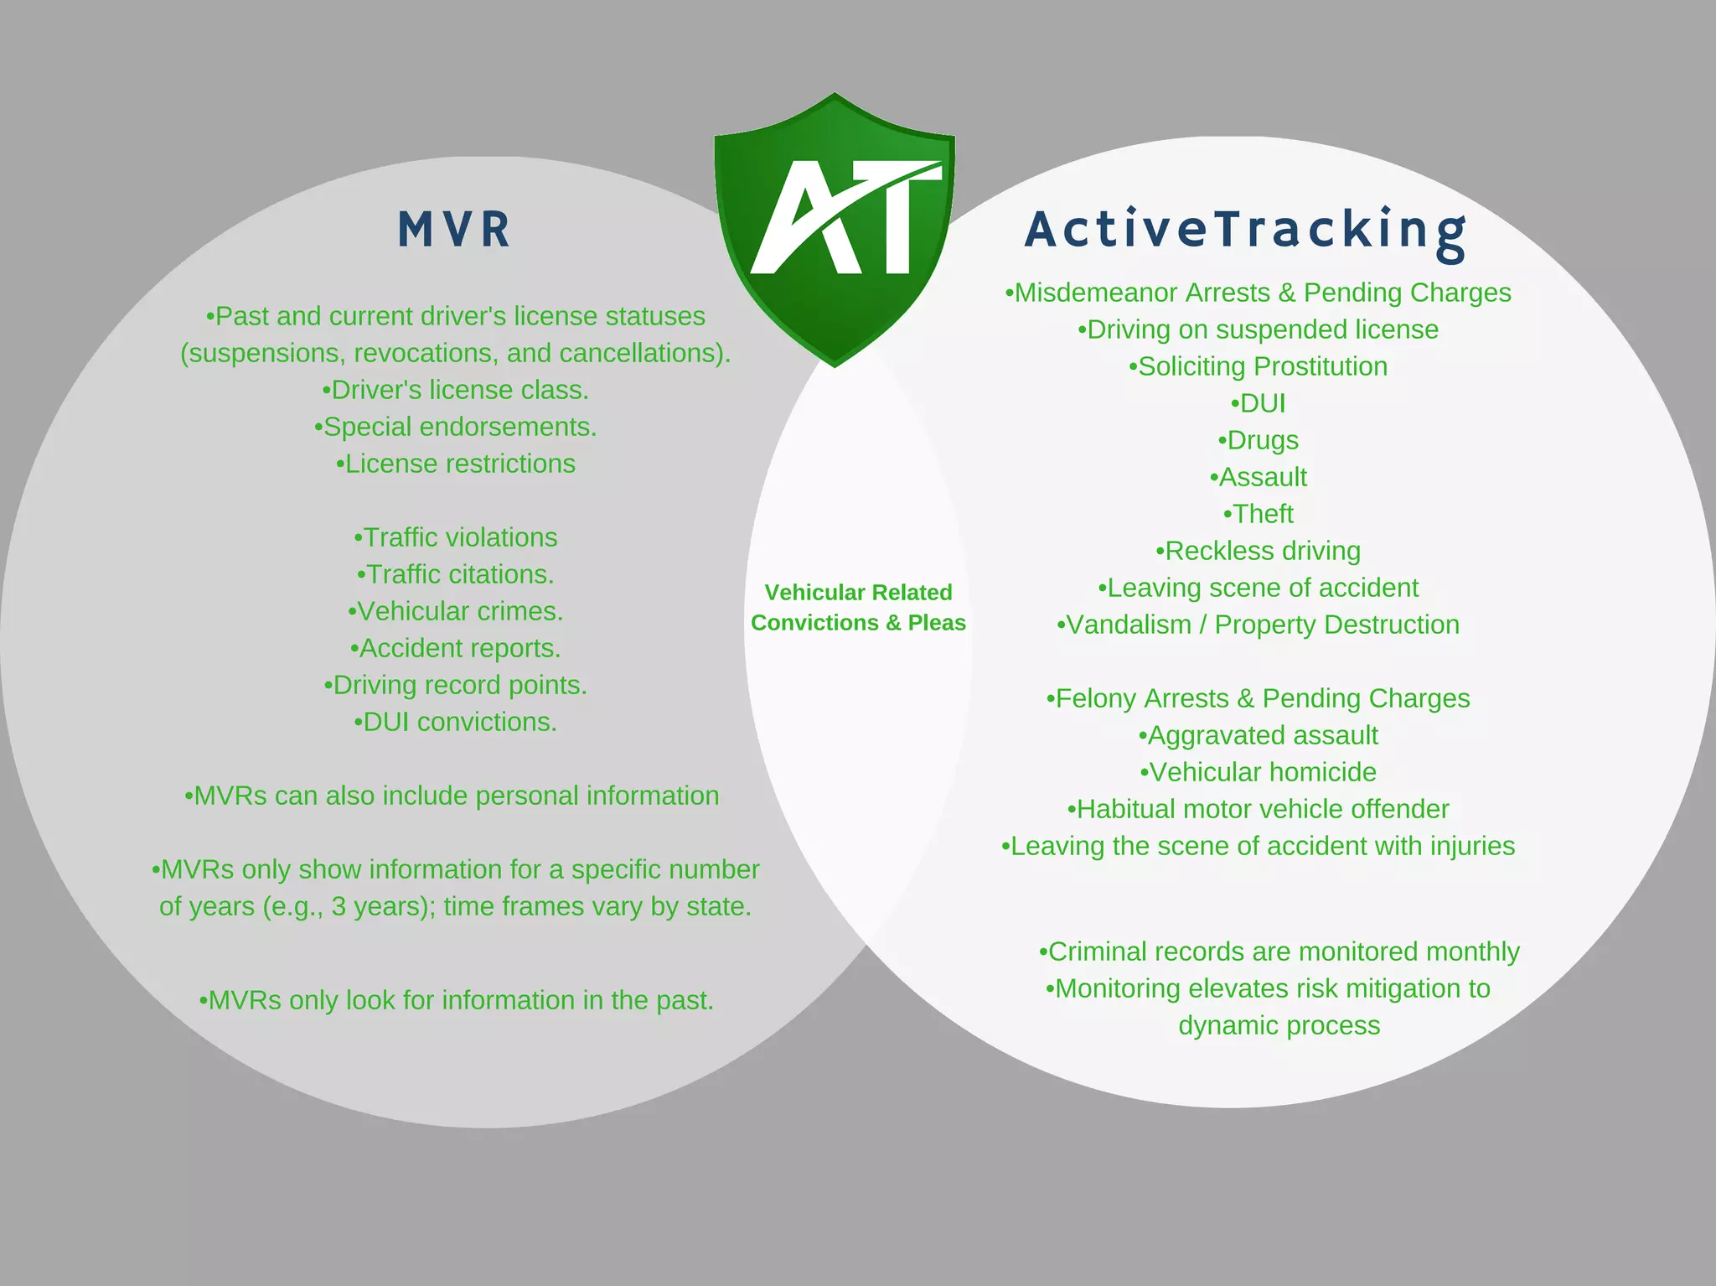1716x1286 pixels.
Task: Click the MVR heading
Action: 454,230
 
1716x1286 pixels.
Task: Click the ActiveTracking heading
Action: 1245,231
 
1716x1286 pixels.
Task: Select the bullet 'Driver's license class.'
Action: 455,390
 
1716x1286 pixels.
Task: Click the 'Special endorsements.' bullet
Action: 455,427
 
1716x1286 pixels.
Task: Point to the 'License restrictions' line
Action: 455,464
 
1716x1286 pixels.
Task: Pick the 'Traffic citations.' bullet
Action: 455,574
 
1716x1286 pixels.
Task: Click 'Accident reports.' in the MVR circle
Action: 455,648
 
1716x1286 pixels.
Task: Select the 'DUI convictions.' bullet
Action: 455,722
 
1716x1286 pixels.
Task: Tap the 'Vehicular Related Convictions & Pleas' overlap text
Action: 858,608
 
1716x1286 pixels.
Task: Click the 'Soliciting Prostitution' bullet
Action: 1258,366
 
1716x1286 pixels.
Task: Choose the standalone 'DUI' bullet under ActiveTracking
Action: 1258,403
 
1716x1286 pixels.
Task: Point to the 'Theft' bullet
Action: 1258,514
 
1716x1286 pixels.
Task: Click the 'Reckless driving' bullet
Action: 1258,551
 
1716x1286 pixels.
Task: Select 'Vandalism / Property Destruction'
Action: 1258,625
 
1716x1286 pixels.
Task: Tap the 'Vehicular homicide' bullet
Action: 1258,772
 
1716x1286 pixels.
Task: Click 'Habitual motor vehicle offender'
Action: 1258,809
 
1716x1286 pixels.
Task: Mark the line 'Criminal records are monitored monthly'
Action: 1279,952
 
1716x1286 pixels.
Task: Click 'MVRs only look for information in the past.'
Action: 456,1000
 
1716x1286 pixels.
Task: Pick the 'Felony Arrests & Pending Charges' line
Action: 1258,698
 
